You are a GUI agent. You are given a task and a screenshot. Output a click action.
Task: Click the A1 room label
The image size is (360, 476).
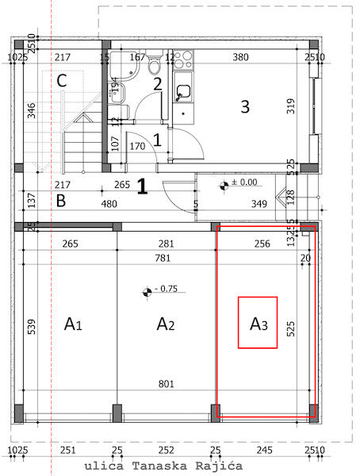tap(73, 324)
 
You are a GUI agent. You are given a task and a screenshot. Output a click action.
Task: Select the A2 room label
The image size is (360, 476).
tap(166, 324)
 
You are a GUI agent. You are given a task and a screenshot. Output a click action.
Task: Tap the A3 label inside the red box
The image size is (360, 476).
tap(259, 324)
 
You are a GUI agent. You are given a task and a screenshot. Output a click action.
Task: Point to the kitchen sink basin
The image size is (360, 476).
tap(183, 90)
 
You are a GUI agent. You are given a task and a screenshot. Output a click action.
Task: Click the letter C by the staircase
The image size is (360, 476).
tap(62, 81)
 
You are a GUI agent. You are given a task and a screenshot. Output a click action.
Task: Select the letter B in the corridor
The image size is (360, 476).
tap(61, 201)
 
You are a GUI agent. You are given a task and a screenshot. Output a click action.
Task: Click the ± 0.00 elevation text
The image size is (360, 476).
tap(244, 182)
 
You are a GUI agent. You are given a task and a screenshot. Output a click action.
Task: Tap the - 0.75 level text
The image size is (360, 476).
tap(167, 289)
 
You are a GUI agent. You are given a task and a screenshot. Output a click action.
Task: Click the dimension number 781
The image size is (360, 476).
tap(163, 258)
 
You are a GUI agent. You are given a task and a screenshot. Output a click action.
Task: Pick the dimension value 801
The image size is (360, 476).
tap(167, 384)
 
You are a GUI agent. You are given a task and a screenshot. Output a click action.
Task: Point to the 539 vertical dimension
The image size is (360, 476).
tap(32, 327)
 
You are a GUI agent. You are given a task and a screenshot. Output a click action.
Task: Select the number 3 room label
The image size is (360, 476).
tap(245, 106)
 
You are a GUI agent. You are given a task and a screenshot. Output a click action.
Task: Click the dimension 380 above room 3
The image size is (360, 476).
tap(241, 57)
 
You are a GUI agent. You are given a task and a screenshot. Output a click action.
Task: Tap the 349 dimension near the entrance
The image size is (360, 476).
tap(259, 204)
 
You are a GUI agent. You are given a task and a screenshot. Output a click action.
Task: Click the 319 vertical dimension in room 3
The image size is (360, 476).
tap(291, 106)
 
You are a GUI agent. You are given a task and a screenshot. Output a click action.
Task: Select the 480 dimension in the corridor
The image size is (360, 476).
tap(109, 204)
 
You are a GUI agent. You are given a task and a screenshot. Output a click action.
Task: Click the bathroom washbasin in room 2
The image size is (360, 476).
tap(117, 93)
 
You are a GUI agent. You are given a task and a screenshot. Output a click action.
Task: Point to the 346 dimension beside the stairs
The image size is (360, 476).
tap(32, 110)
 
